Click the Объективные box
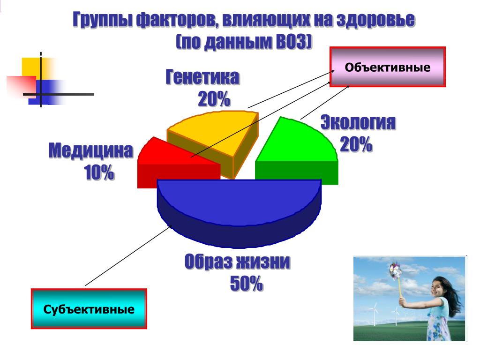pyautogui.click(x=388, y=67)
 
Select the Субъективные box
pyautogui.click(x=89, y=309)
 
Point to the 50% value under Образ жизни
pyautogui.click(x=247, y=283)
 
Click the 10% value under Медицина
pyautogui.click(x=99, y=172)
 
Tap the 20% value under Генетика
pyautogui.click(x=214, y=99)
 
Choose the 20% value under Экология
pyautogui.click(x=356, y=144)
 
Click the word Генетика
pyautogui.click(x=202, y=77)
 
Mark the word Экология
pyautogui.click(x=358, y=122)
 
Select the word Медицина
pyautogui.click(x=91, y=150)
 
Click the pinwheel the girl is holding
pyautogui.click(x=396, y=271)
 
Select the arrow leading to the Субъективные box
pyautogui.click(x=128, y=255)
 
